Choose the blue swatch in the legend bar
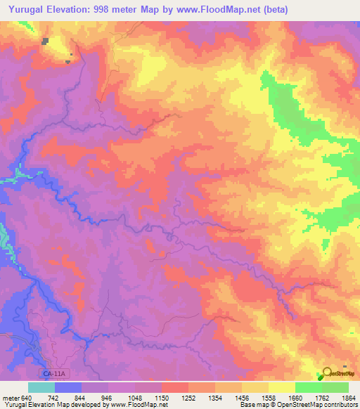coord(67,388)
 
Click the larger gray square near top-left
coord(45,41)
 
